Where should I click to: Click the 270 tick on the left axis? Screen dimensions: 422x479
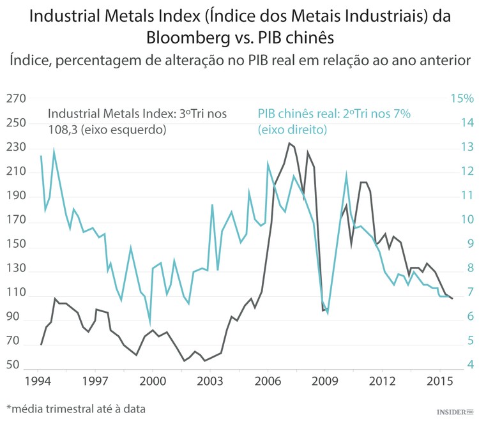coord(16,99)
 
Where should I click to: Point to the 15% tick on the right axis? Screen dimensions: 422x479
coord(462,99)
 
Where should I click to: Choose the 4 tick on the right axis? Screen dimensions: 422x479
coord(470,365)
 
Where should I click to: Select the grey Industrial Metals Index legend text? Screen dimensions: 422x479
coord(137,121)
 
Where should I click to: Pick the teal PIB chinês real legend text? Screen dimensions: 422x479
coord(333,121)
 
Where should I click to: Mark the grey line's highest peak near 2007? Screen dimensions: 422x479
coord(289,143)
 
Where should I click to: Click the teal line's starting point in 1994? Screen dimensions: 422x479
coord(41,156)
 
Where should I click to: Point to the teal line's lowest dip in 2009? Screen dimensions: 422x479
coord(328,313)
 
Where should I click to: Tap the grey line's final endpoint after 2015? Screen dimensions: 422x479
coord(453,298)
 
